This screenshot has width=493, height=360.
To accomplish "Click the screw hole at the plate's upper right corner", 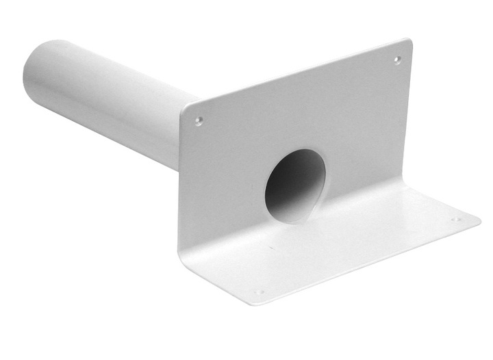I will click(397, 60).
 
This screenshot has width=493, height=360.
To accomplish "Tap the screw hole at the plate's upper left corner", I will click(199, 120).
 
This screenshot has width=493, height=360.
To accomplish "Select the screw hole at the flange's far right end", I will click(455, 219).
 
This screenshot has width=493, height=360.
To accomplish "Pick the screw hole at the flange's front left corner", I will click(260, 292).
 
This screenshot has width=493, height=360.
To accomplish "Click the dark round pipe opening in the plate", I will click(293, 185).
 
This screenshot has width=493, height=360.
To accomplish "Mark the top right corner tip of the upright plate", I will click(409, 40).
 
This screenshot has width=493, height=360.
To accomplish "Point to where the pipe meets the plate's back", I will click(179, 137).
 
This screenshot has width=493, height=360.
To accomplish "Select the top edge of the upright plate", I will click(294, 75).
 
